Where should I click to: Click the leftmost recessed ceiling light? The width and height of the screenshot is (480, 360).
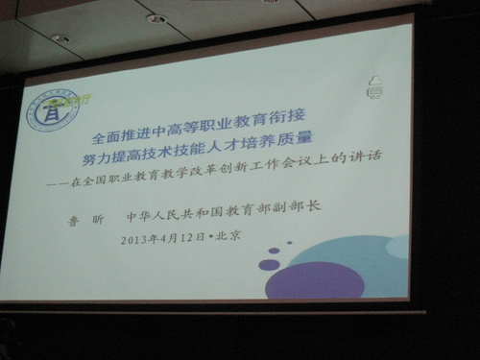pos(60,38)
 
